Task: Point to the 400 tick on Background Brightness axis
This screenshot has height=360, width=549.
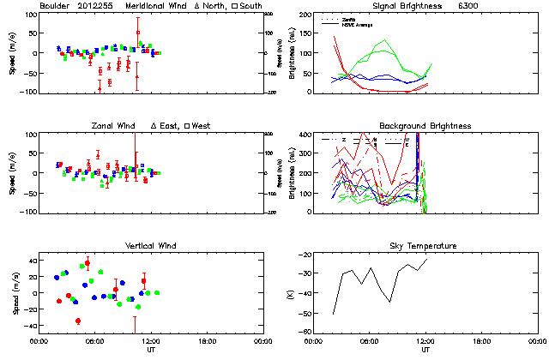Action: [306, 135]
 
